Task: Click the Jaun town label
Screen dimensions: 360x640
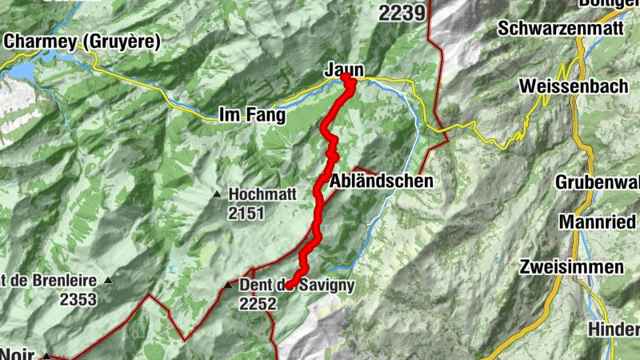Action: coord(339,71)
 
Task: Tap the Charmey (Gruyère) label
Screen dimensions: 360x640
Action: coord(82,40)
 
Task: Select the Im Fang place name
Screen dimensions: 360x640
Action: coord(252,116)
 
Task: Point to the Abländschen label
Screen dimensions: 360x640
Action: coord(381,181)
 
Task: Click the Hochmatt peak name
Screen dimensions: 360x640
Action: coord(262,194)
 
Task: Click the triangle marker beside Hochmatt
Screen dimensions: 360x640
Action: coord(216,194)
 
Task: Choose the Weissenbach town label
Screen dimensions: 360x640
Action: coord(569,85)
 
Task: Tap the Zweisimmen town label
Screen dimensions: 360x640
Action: coord(571,266)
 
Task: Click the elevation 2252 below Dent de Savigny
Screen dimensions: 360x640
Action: coord(258,303)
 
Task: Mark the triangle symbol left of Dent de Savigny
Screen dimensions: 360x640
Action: coord(228,285)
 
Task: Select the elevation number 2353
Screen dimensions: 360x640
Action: coord(78,299)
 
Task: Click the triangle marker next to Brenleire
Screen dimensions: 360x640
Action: coord(108,281)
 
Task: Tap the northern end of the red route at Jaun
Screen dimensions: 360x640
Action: coord(347,78)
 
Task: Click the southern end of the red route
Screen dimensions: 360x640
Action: coord(290,284)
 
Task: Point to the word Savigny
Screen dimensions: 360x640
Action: coord(328,286)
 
